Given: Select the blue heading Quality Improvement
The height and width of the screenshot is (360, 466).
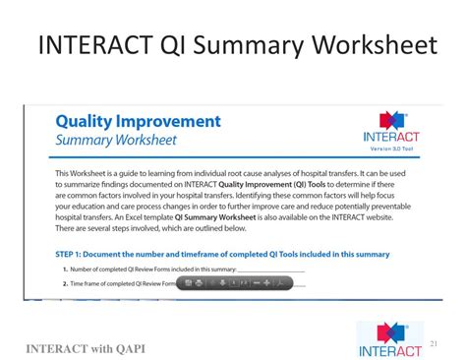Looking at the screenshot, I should tap(137, 122).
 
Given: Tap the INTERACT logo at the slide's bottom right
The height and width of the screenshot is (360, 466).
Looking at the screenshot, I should tap(389, 335).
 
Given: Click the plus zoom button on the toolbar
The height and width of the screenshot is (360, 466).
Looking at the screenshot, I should tap(267, 283).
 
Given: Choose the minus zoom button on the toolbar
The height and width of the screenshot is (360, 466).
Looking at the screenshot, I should tap(255, 283).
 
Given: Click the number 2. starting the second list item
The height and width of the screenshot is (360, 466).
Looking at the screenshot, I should tap(65, 283).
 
